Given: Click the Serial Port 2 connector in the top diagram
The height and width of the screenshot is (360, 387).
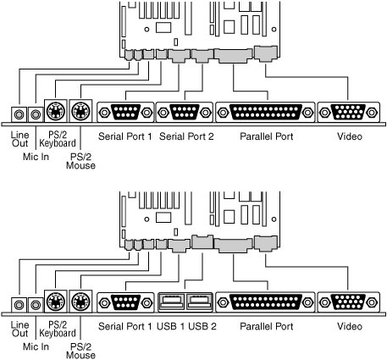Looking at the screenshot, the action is click(x=185, y=113).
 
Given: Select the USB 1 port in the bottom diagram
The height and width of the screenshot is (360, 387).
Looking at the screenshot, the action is click(x=171, y=302).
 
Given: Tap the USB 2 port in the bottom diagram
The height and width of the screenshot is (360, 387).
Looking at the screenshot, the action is click(x=199, y=302).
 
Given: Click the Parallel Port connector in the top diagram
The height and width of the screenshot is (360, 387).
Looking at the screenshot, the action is click(x=265, y=113).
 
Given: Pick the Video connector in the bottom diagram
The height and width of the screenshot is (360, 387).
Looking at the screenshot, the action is click(x=349, y=302).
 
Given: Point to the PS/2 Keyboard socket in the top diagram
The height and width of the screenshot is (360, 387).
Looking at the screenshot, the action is click(x=56, y=111).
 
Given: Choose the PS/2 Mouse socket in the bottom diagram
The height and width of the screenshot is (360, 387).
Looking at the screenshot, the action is click(x=80, y=301).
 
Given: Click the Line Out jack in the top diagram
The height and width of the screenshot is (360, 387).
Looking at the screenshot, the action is click(x=19, y=114).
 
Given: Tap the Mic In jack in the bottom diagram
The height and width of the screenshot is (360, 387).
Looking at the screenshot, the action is click(x=36, y=305).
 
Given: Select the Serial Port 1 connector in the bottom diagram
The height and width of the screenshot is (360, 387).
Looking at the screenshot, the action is click(x=125, y=302).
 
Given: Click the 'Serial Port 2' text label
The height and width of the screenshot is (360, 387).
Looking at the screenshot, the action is click(x=186, y=136).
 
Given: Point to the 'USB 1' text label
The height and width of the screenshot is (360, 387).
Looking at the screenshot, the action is click(x=171, y=327).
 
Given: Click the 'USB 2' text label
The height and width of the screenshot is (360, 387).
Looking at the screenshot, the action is click(x=202, y=327).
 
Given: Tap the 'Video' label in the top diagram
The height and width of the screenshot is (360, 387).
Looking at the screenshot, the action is click(x=350, y=136).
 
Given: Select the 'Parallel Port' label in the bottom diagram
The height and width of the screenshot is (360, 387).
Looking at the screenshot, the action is click(x=267, y=327).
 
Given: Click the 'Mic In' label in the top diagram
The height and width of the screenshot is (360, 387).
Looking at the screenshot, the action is click(x=36, y=157).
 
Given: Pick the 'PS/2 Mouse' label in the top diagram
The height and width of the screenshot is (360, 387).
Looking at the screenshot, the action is click(x=80, y=161).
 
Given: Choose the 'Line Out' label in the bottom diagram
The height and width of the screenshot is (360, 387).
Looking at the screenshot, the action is click(x=19, y=329).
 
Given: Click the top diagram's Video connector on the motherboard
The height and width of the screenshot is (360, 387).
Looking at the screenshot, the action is click(x=265, y=53).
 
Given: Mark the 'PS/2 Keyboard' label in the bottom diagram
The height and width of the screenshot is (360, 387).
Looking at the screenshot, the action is click(x=58, y=329).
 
